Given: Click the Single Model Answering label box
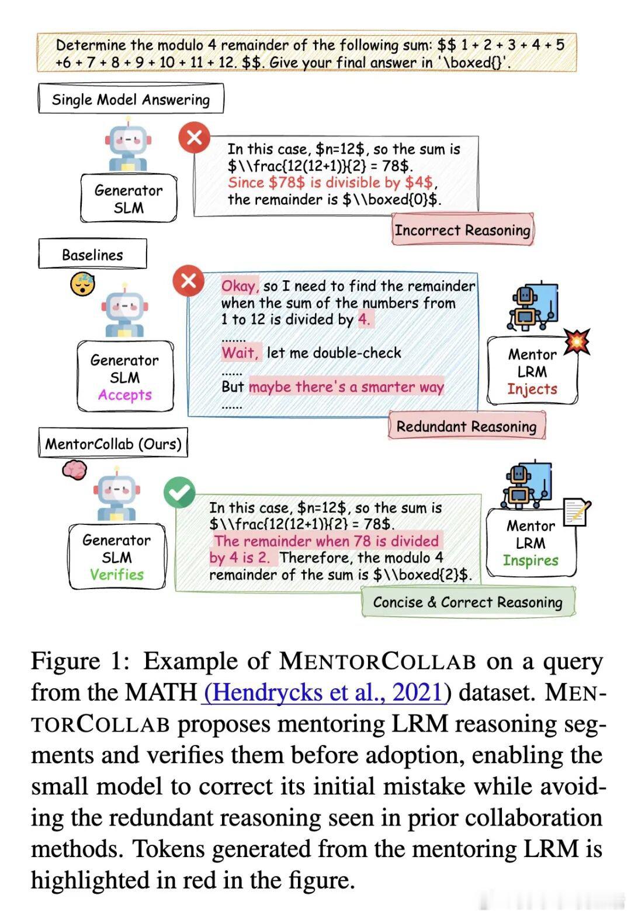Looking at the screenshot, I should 130,99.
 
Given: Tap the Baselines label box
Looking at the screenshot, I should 92,255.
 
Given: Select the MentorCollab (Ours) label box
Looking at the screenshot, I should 113,444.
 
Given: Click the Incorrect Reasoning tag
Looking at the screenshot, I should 462,230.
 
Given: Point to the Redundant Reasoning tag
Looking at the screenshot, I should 466,426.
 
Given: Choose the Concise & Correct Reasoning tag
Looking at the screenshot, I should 467,602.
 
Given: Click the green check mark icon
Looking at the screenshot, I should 179,493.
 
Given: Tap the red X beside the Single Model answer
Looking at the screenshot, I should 194,138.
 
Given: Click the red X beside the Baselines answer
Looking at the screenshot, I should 189,281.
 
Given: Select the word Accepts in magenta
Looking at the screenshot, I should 124,395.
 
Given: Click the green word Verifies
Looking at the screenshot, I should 116,574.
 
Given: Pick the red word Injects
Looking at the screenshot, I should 532,389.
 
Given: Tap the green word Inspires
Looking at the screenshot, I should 531,560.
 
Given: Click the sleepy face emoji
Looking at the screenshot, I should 82,284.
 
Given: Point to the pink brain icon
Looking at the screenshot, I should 75,469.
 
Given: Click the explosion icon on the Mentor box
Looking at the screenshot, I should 577,342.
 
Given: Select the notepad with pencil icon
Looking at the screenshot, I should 576,513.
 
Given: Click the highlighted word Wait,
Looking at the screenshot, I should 240,353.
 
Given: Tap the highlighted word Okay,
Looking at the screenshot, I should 240,285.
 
